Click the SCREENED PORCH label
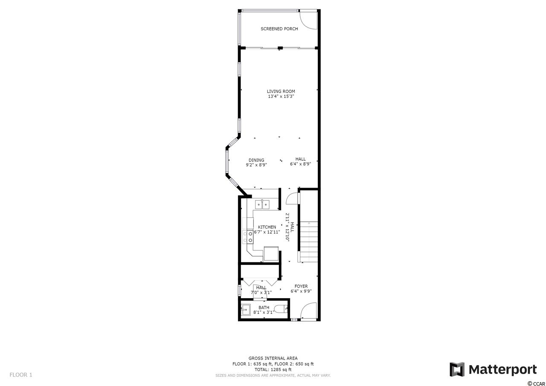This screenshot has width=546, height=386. [279, 29]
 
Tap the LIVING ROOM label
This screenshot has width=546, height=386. [281, 91]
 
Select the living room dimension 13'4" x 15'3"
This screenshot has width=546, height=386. [281, 96]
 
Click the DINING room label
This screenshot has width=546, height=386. [256, 160]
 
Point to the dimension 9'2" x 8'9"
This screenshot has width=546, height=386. [256, 165]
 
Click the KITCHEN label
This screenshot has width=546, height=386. [267, 227]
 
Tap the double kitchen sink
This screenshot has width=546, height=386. [262, 204]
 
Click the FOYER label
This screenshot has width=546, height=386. [301, 286]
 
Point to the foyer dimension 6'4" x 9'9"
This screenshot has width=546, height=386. [301, 291]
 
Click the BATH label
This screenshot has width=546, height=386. [264, 308]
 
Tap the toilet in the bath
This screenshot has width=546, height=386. [281, 309]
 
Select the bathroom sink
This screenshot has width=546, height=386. [246, 310]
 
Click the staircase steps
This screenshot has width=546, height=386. [308, 241]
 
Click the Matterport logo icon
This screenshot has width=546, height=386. [457, 370]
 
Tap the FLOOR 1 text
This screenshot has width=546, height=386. [21, 375]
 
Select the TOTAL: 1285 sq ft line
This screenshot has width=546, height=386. [273, 370]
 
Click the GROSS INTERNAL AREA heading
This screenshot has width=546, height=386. [273, 358]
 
